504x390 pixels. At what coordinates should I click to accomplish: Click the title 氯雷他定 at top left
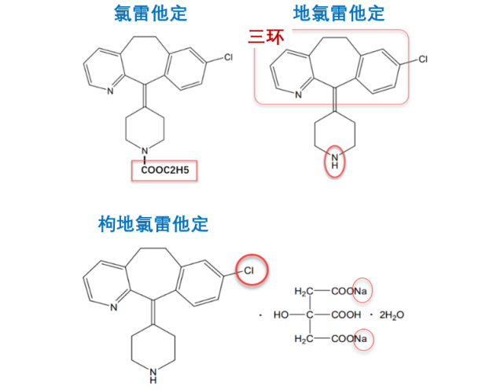click(x=150, y=13)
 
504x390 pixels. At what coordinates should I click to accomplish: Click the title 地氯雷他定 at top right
click(x=339, y=13)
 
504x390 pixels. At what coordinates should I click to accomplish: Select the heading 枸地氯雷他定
click(x=153, y=224)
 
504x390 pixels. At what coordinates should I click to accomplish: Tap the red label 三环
click(x=266, y=37)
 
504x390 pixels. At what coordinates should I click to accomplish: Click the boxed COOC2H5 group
click(x=165, y=170)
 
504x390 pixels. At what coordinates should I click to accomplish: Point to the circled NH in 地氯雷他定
click(x=335, y=161)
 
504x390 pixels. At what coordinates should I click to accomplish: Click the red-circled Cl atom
click(x=248, y=270)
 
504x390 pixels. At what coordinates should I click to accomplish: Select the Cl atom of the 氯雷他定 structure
click(x=228, y=57)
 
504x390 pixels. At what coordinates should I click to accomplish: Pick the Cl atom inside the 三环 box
click(x=423, y=59)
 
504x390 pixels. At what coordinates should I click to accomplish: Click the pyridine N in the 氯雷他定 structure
click(x=110, y=91)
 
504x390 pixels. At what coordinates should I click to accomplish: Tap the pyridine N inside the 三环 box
click(x=299, y=95)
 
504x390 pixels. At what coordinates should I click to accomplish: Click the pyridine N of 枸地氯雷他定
click(x=113, y=307)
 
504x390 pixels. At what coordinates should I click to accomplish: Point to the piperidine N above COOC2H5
click(x=145, y=151)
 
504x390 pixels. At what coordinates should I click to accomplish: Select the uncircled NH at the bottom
click(x=153, y=376)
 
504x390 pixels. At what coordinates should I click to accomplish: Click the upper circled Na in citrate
click(x=361, y=291)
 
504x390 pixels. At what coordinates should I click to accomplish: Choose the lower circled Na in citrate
click(x=361, y=339)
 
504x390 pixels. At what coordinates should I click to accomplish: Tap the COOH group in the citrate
click(x=346, y=315)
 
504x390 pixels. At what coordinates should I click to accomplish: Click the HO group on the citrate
click(x=281, y=315)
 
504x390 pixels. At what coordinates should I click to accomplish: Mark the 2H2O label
click(x=392, y=315)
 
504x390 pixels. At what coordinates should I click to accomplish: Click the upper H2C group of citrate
click(x=304, y=292)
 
